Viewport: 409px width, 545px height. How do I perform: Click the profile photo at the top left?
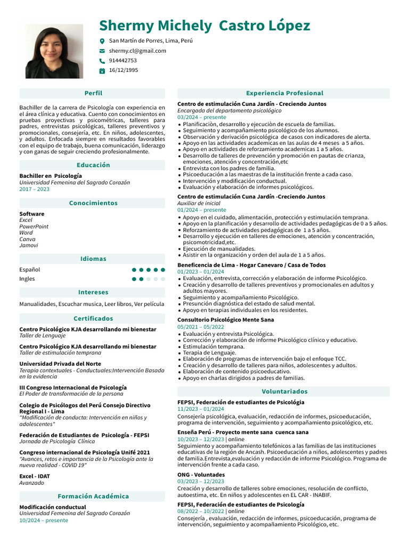(54, 52)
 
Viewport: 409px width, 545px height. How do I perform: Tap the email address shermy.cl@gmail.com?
(137, 51)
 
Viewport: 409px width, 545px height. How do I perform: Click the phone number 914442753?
(122, 60)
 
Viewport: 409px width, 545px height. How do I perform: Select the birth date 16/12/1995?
(123, 70)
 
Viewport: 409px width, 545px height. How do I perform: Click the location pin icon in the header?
(102, 41)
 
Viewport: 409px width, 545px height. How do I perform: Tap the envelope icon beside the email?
(102, 51)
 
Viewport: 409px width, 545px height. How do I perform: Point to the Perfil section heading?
(93, 93)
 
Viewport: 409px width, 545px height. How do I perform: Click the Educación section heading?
(93, 165)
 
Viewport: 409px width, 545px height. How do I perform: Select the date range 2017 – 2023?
(34, 189)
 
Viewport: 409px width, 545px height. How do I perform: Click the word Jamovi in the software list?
(29, 245)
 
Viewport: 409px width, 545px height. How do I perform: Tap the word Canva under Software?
(27, 239)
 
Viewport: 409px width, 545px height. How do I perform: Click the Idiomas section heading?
(93, 259)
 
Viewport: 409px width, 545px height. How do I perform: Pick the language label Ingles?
(27, 278)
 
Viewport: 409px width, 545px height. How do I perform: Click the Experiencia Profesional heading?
(284, 93)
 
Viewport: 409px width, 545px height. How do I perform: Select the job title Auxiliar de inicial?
(198, 203)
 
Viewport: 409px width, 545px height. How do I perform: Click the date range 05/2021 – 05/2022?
(200, 327)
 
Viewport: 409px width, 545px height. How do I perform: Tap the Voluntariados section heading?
(284, 391)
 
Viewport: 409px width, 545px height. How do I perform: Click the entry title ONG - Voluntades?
(201, 474)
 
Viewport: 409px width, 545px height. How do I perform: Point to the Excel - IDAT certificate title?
(35, 476)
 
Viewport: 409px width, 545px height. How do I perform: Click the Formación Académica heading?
(93, 496)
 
